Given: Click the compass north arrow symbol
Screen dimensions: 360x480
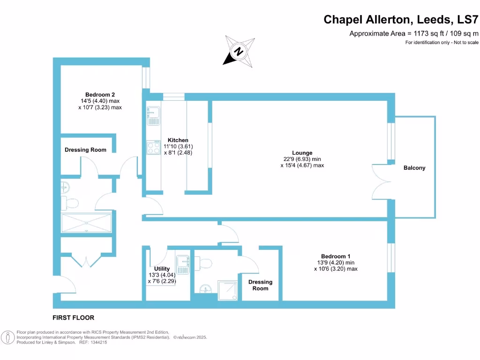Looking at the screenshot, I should click(x=239, y=50).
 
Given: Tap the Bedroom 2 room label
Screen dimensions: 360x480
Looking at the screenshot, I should click(x=100, y=95).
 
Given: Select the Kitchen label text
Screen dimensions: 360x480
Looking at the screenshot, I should click(x=178, y=140).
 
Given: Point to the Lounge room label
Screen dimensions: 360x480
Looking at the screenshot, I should click(x=302, y=153).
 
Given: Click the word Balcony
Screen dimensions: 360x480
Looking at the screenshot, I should click(x=414, y=168).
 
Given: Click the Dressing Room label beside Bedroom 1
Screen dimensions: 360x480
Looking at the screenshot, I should click(x=260, y=285).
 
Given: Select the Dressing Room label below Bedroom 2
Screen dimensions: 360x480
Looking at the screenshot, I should click(x=85, y=150).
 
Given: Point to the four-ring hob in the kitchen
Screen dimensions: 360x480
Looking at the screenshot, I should click(x=153, y=148).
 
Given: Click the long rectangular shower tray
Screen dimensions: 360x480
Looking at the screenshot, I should click(x=87, y=223).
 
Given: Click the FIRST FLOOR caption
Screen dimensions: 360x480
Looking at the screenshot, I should click(x=73, y=318).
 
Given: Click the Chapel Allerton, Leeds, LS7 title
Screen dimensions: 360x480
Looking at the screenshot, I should click(x=401, y=20).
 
